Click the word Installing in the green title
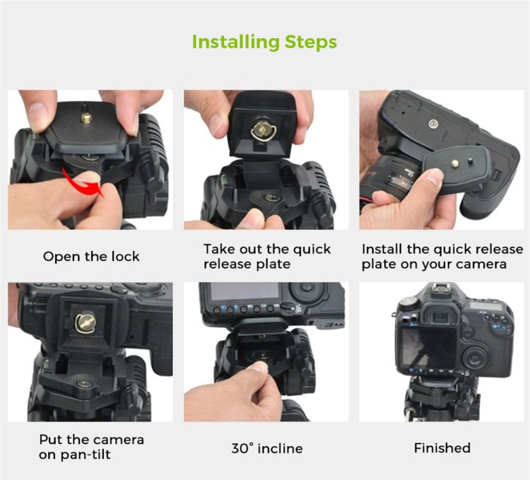(236, 42)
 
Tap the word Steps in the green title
(311, 42)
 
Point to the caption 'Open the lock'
(91, 257)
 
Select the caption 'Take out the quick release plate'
(267, 256)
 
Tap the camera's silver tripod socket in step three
(432, 124)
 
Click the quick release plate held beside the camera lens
(457, 168)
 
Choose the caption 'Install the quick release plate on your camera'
(442, 257)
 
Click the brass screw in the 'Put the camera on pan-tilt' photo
(86, 323)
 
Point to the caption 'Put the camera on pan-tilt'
(92, 447)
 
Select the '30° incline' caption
(267, 449)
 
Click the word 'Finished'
(442, 448)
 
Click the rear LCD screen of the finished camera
(428, 349)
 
